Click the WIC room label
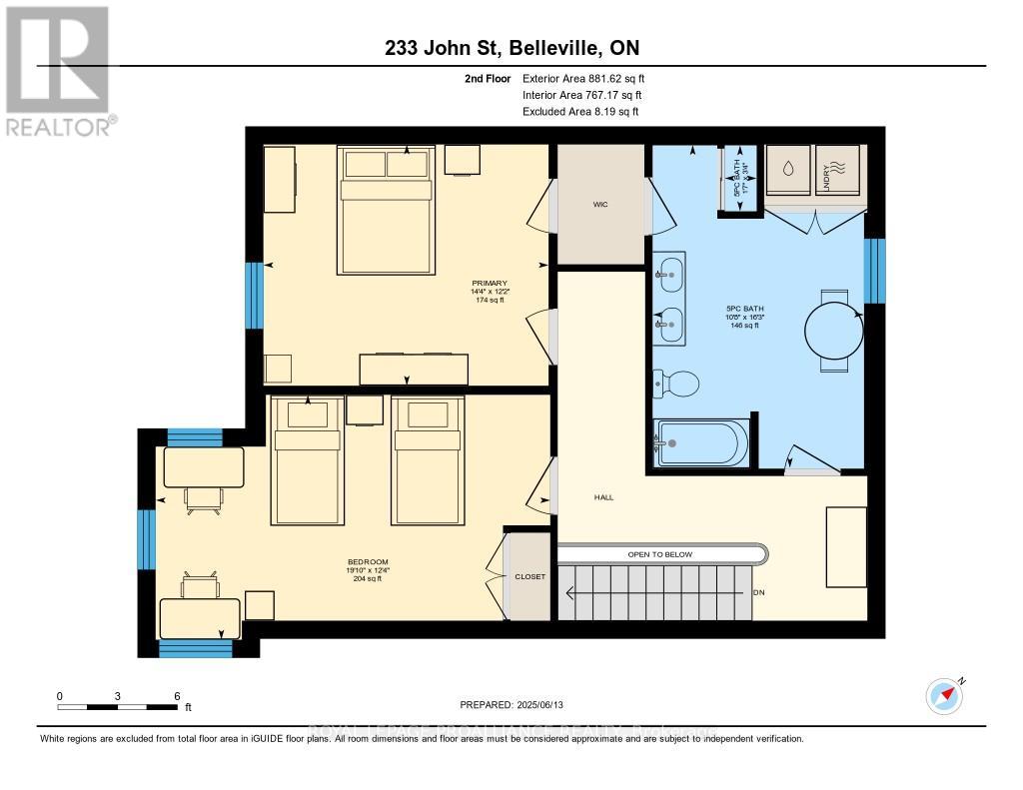(599, 205)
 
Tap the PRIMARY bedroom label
(483, 283)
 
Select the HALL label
(602, 496)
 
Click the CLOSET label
(529, 576)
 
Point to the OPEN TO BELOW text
(659, 554)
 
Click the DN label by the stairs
(758, 592)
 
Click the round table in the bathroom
(833, 331)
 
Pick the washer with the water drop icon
(788, 169)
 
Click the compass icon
(944, 695)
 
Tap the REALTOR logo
(59, 71)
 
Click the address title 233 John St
(511, 48)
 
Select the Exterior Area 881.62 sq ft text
(589, 78)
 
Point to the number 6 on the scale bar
(176, 696)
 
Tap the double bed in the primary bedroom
(388, 210)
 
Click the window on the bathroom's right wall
(874, 270)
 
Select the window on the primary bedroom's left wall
(255, 295)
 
